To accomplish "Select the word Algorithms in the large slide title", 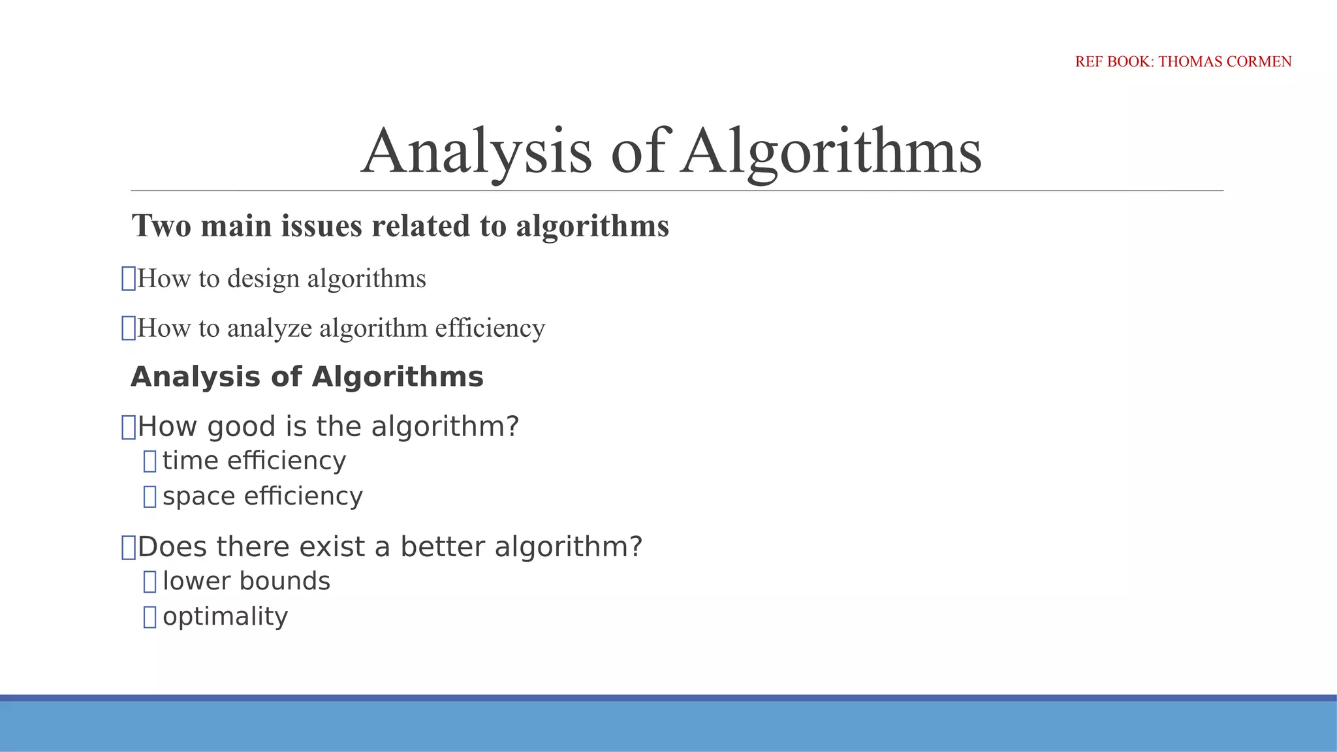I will coord(830,151).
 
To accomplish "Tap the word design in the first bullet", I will coord(263,279).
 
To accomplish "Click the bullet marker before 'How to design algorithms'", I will coord(129,279).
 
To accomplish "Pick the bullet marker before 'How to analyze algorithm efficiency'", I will coord(129,328).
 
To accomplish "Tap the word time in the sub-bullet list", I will coord(190,461).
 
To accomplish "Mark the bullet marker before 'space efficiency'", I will coord(149,497).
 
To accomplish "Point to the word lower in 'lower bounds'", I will coord(192,581).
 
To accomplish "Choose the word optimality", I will coord(225,617).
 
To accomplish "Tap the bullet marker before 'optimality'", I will coord(149,617).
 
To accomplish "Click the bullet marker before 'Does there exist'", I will coord(129,547).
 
